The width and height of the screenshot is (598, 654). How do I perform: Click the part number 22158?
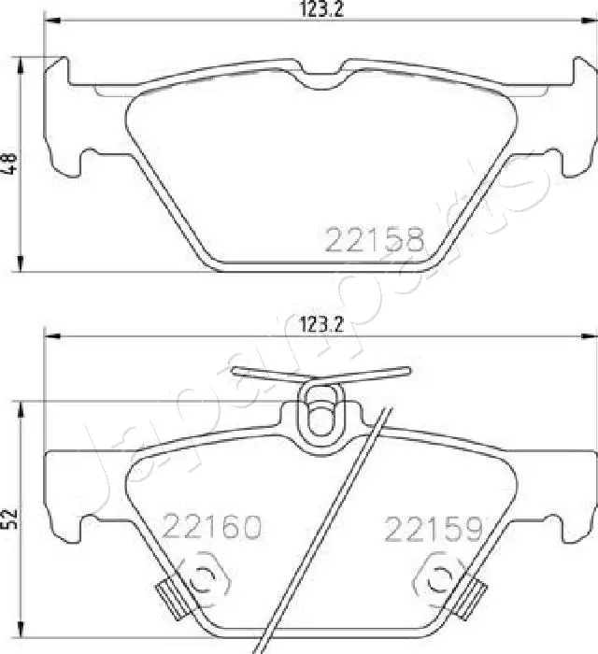(374, 240)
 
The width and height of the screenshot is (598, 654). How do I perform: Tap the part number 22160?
(211, 529)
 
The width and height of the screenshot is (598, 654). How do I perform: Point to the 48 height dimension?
(10, 164)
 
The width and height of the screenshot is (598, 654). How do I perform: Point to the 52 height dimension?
(10, 516)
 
